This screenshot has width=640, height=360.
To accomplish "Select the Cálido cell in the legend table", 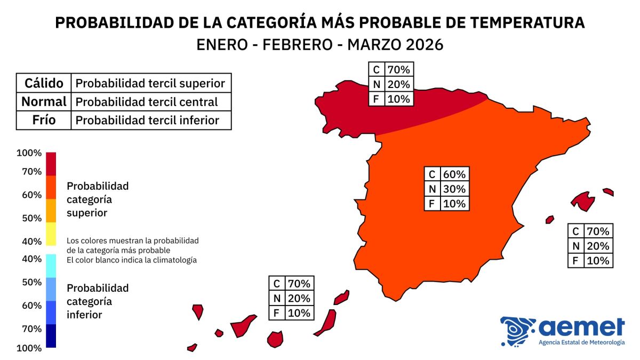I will (44, 83).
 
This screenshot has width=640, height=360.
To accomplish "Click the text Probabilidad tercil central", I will (147, 102).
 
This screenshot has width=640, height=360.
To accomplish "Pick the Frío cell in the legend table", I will (44, 120).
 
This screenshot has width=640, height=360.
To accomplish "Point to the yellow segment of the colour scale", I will (51, 234).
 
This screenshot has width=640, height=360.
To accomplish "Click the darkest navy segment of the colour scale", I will (51, 336).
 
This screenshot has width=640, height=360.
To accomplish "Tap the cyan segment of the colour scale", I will (51, 266).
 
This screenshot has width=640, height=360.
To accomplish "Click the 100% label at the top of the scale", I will (29, 153).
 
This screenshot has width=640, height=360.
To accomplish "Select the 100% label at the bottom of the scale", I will (29, 348).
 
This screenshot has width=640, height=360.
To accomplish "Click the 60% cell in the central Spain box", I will (454, 174).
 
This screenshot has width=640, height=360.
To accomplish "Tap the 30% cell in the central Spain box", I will (454, 189).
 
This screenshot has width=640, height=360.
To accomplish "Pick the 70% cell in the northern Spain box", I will (398, 70).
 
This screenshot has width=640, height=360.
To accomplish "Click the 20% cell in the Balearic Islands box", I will (597, 246).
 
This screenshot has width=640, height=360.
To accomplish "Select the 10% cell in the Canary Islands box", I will (299, 313).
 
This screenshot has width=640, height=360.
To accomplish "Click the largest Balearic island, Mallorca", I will (583, 201).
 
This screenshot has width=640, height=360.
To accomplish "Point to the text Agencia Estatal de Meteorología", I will (581, 342).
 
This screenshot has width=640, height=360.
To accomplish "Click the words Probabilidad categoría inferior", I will (98, 301).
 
